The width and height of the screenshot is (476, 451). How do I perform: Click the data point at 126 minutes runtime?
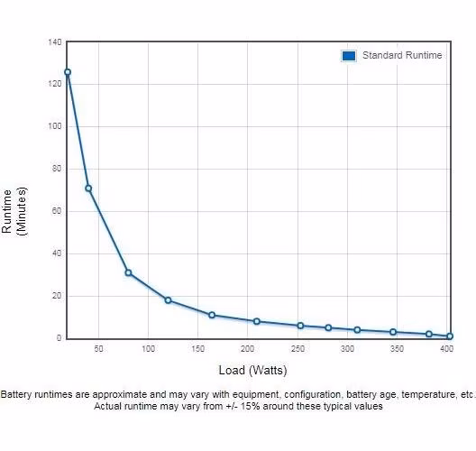tap(68, 72)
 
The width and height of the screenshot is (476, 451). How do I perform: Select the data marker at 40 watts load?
tap(88, 189)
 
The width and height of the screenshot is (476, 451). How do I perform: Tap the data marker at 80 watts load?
tap(128, 272)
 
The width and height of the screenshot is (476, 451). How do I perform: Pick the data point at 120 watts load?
tap(168, 300)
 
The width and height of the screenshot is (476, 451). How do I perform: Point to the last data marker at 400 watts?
tap(450, 336)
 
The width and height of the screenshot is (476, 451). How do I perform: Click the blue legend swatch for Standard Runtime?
tap(349, 56)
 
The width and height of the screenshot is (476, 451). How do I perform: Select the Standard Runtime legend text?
tap(402, 55)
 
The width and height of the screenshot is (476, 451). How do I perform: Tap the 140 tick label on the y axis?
tap(55, 41)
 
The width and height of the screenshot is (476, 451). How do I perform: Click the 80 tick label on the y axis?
tap(57, 169)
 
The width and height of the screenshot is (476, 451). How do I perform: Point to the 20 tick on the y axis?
tap(57, 296)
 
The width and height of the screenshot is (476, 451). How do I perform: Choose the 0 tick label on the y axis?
tap(59, 337)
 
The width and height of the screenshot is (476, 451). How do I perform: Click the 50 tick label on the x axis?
tap(98, 349)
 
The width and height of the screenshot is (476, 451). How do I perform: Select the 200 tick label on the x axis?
tap(247, 349)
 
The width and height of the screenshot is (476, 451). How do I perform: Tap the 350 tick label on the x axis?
tap(397, 349)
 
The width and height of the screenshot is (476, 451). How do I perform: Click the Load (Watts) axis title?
tap(252, 370)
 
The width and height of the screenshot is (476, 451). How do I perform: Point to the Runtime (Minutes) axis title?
tap(14, 211)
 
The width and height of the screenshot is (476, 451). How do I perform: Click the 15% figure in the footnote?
tap(250, 407)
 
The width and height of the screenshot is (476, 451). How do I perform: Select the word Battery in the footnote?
tap(16, 394)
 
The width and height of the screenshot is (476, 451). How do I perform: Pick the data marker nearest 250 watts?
tap(300, 326)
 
